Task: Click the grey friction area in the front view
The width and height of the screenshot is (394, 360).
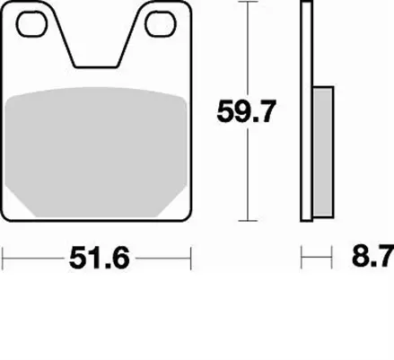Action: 98,148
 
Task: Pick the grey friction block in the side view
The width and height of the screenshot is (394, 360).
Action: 323,148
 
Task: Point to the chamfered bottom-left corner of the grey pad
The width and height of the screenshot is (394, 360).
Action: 22,206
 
